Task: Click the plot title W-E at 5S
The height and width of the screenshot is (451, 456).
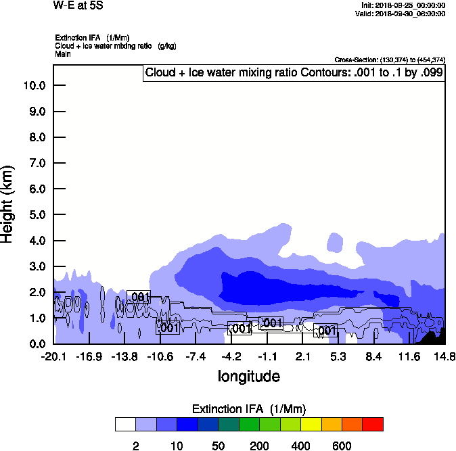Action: tap(75, 5)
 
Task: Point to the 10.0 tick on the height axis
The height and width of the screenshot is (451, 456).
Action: tap(34, 86)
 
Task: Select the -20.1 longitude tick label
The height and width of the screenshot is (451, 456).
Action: tap(53, 356)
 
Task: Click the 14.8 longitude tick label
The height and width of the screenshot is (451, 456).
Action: tap(444, 356)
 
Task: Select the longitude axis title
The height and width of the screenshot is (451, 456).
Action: tap(248, 376)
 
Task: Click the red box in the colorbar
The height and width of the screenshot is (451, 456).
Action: tap(373, 424)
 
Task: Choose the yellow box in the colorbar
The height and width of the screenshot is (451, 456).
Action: tap(311, 424)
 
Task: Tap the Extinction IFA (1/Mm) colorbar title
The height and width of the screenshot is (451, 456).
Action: tap(249, 409)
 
